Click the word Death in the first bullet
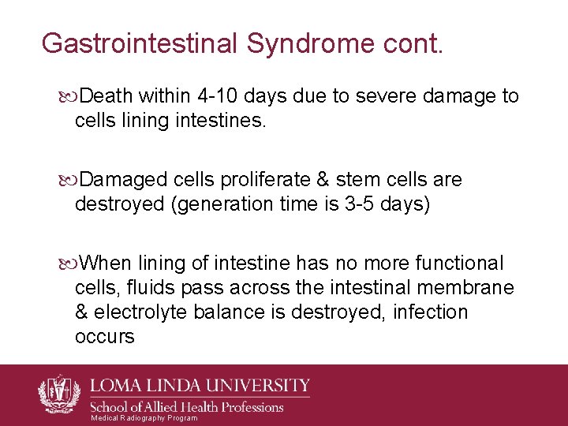(x=106, y=96)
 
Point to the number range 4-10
(x=215, y=96)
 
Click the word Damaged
(x=118, y=180)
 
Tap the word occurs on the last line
(x=104, y=337)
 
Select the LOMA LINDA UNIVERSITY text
(x=200, y=387)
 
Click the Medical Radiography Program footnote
(x=144, y=418)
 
